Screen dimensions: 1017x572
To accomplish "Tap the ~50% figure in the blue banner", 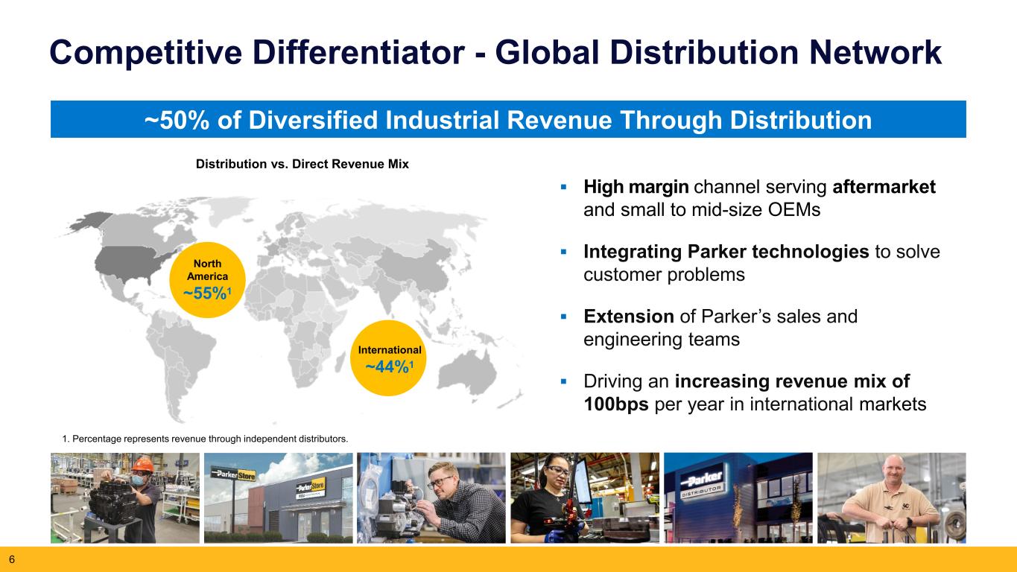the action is [177, 121].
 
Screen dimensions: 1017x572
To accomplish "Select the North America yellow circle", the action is [207, 279].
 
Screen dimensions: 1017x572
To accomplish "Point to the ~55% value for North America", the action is [207, 293].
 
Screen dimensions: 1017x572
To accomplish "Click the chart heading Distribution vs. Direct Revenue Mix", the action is [302, 164].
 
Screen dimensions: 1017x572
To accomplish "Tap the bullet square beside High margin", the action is [564, 187].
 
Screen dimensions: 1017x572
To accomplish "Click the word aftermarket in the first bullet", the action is [884, 187].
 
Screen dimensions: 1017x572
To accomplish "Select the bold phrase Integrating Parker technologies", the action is [726, 252].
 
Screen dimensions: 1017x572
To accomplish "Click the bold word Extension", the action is [629, 317].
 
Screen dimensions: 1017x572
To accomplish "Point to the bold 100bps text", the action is [616, 404].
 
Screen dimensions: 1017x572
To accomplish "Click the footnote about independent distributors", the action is [205, 439].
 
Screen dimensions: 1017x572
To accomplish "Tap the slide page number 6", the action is [12, 559].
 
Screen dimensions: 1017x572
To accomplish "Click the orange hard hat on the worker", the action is [142, 464].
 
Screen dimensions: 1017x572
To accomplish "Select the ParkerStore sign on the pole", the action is [233, 474].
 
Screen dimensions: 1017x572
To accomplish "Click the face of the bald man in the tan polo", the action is [893, 476].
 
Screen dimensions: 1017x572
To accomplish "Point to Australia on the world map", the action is [467, 372].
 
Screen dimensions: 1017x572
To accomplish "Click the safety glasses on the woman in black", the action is [557, 471].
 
